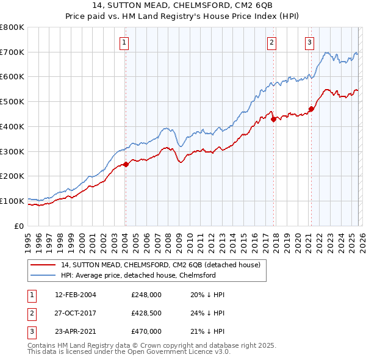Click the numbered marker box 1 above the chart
point(124,42)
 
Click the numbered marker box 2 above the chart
point(271,42)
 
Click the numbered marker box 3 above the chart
point(309,42)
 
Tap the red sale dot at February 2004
point(126,164)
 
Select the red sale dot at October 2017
point(273,120)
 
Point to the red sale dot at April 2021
point(311,109)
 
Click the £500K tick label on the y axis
point(12,102)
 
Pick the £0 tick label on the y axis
point(19,226)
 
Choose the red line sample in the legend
point(44,265)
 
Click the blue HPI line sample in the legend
point(44,275)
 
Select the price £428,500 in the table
point(146,313)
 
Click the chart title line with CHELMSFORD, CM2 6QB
point(183,6)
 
